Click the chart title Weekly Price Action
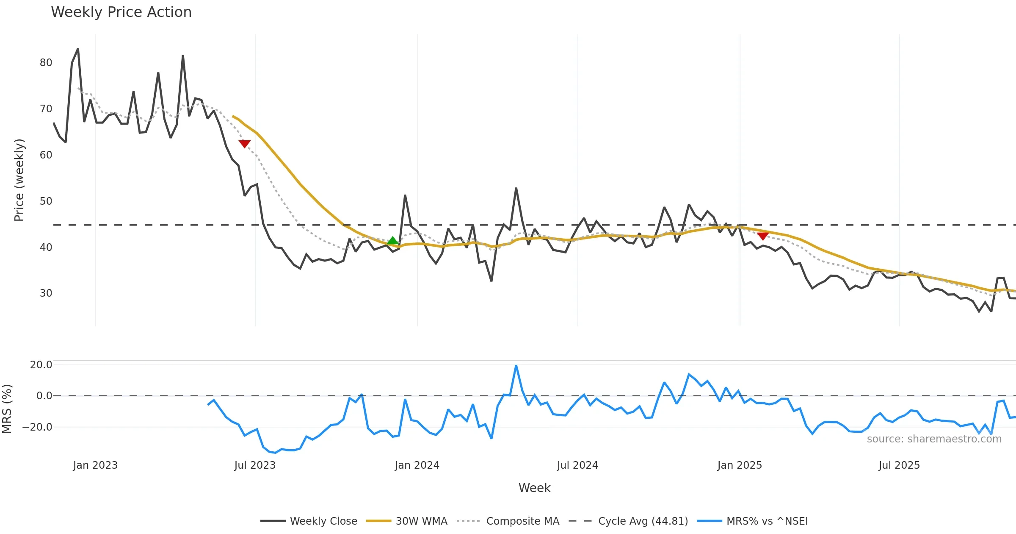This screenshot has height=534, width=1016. pos(121,12)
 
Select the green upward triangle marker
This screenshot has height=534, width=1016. pos(393,241)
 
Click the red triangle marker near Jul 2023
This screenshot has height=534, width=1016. pos(245,144)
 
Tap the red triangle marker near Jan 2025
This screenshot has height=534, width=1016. pos(763,236)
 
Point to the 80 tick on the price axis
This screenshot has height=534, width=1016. pos(46,63)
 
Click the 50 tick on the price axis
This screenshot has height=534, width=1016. pos(46,201)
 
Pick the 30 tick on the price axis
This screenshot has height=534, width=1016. pos(46,293)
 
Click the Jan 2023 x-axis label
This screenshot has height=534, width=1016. pos(95,465)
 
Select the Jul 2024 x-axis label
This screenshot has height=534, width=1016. pos(577,465)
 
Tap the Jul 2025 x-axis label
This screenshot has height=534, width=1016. pos(899,465)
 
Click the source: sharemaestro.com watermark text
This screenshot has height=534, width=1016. pos(934,439)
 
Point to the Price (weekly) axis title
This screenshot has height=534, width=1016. pos(19,180)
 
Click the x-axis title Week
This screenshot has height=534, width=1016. pos(534,488)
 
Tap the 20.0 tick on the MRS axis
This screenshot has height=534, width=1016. pos(41,365)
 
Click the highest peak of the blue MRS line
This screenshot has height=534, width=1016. pos(516,366)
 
